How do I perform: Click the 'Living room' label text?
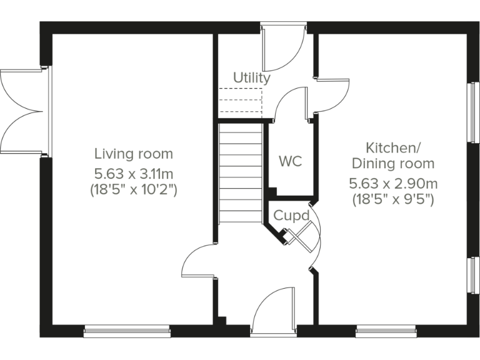pyautogui.click(x=133, y=154)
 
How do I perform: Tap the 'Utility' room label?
pyautogui.click(x=252, y=78)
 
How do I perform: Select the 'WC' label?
pyautogui.click(x=290, y=161)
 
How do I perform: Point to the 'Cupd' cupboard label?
pyautogui.click(x=291, y=216)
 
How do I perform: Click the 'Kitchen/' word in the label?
pyautogui.click(x=392, y=148)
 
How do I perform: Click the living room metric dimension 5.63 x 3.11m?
pyautogui.click(x=133, y=172)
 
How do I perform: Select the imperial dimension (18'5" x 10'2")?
pyautogui.click(x=133, y=189)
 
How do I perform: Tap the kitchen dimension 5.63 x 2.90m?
pyautogui.click(x=392, y=184)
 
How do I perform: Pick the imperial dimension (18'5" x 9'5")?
pyautogui.click(x=392, y=200)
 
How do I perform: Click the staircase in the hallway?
pyautogui.click(x=240, y=172)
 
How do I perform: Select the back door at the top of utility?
pyautogui.click(x=283, y=49)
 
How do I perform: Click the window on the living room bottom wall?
pyautogui.click(x=127, y=331)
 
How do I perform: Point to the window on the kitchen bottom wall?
pyautogui.click(x=386, y=331)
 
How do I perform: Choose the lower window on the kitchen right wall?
pyautogui.click(x=474, y=275)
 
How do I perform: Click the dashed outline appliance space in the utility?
pyautogui.click(x=239, y=101)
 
